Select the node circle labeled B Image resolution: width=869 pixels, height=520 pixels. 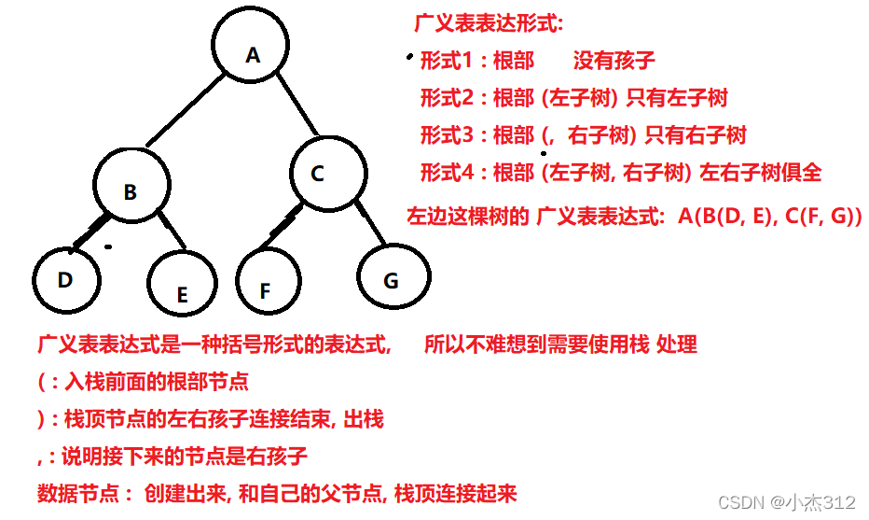[x=131, y=190]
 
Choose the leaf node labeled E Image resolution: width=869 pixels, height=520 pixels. [x=182, y=288]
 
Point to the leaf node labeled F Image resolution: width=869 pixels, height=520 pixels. [x=269, y=285]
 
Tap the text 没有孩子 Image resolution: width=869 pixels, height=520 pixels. [x=614, y=62]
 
